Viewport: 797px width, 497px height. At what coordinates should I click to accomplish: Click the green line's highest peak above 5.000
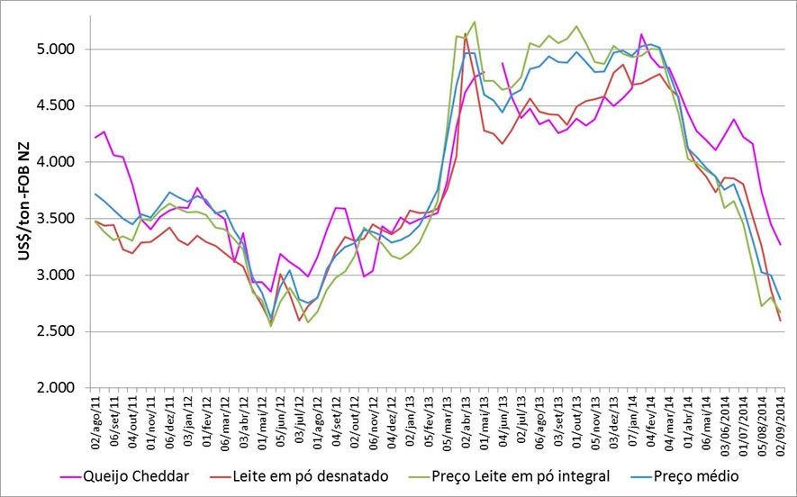(x=474, y=22)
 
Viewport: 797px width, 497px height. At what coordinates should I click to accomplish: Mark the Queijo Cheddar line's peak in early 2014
(x=641, y=34)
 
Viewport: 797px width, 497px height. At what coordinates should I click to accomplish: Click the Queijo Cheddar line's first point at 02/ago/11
(x=95, y=137)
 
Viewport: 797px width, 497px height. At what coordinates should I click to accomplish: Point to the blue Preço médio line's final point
(x=780, y=299)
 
